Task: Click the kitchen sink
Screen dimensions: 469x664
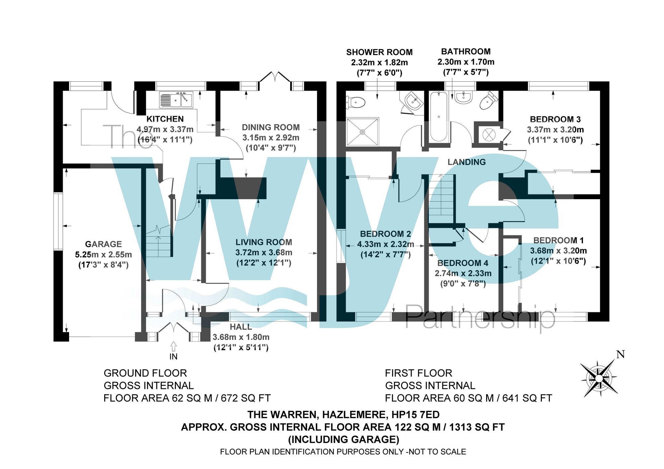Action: [x=176, y=100]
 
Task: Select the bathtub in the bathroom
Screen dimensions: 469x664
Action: [x=439, y=117]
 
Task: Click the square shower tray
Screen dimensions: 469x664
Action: [x=362, y=132]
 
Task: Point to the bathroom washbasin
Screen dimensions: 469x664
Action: [x=463, y=97]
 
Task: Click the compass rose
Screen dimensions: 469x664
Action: [x=599, y=378]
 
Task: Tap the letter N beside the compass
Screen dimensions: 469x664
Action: [x=621, y=354]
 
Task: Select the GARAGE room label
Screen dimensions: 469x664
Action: [x=103, y=244]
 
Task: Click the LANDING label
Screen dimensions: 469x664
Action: [x=466, y=162]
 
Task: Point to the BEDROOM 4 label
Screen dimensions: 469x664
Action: [x=463, y=263]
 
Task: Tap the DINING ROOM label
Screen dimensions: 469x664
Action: [x=271, y=127]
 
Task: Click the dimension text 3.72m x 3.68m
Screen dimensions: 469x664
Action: [x=264, y=253]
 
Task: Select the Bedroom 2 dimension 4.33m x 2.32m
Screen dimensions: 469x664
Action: [x=385, y=244]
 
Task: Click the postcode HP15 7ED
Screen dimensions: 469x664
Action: [x=416, y=415]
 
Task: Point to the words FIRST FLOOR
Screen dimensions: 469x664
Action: [x=418, y=373]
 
